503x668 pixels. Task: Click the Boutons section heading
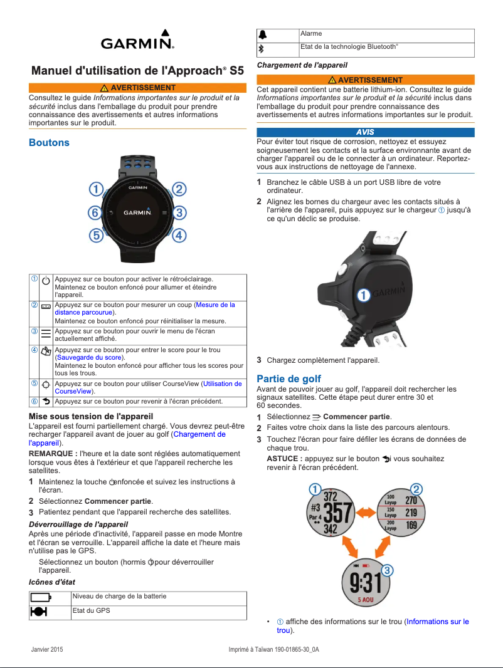pyautogui.click(x=49, y=143)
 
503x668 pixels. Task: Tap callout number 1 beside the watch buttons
pyautogui.click(x=95, y=189)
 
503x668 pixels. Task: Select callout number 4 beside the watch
pyautogui.click(x=179, y=236)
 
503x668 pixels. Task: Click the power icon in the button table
pyautogui.click(x=46, y=281)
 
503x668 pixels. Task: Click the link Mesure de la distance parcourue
pyautogui.click(x=145, y=308)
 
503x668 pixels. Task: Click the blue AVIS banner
pyautogui.click(x=365, y=132)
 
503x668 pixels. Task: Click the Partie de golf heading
pyautogui.click(x=289, y=378)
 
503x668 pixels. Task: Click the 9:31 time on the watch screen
pyautogui.click(x=365, y=584)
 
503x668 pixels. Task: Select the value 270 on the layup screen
pyautogui.click(x=411, y=500)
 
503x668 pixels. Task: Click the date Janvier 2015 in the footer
pyautogui.click(x=47, y=649)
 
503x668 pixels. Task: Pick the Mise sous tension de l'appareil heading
pyautogui.click(x=91, y=416)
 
